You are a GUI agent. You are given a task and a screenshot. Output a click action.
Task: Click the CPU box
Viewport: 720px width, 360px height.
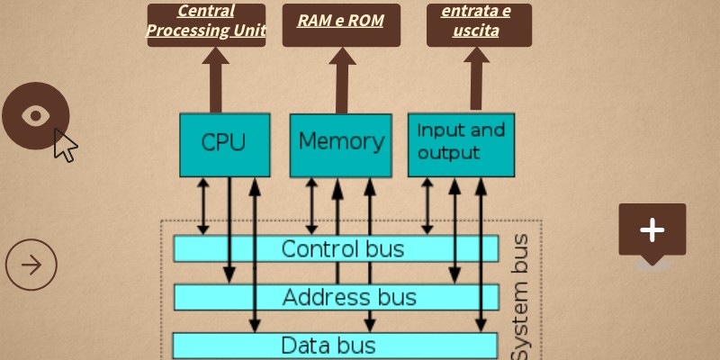tap(224, 144)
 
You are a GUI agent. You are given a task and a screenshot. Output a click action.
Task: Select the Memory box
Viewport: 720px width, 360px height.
tap(340, 144)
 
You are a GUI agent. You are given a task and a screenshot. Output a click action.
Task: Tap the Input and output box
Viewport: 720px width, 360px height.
tap(461, 144)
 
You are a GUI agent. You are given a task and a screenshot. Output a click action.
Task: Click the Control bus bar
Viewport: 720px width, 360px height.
tap(336, 248)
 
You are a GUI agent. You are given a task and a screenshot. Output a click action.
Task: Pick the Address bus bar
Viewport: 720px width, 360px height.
tap(336, 297)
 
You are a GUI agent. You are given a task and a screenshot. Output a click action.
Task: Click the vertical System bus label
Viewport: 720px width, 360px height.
tap(521, 297)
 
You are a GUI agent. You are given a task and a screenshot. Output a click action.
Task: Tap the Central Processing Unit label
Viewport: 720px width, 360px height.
tap(206, 22)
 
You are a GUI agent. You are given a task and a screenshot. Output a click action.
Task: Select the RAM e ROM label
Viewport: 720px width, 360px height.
tap(340, 20)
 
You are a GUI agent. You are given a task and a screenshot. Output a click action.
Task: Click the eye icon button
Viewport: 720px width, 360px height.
tap(35, 115)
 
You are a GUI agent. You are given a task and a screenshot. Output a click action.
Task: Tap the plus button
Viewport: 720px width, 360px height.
tap(652, 230)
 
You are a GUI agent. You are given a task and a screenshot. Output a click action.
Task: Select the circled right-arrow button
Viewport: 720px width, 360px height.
tap(31, 265)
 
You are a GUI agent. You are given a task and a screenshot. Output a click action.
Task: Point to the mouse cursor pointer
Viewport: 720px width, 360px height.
tap(64, 145)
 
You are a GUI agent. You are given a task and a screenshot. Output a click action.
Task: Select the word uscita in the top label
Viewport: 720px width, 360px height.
tap(477, 31)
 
